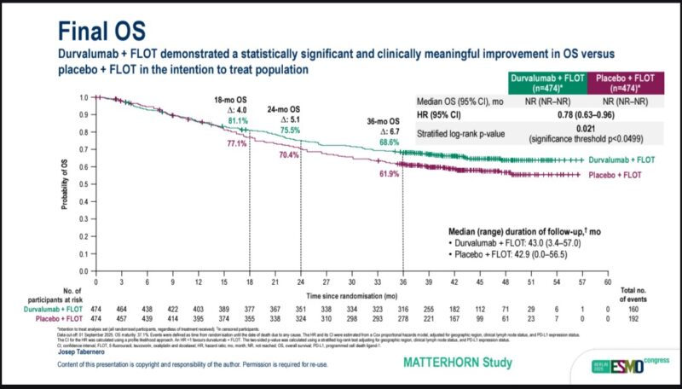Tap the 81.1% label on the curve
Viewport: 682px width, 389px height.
(x=240, y=122)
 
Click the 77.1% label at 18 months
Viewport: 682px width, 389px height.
(x=236, y=144)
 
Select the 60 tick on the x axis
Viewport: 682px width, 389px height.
(x=607, y=281)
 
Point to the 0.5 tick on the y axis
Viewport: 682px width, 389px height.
(x=83, y=184)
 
